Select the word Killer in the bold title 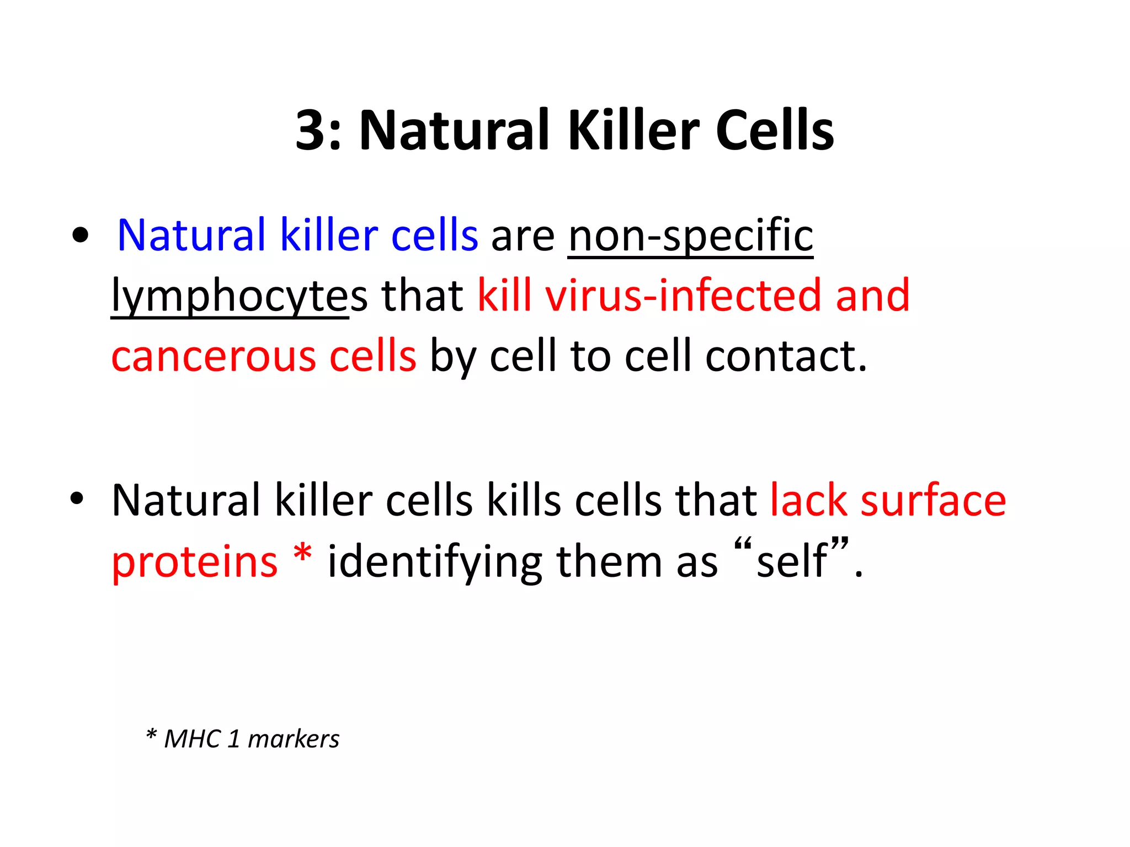(x=634, y=130)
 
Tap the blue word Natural (x=191, y=235)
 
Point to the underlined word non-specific (x=690, y=235)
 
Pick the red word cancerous (x=213, y=356)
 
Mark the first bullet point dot (x=81, y=235)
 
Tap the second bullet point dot (x=77, y=498)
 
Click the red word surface (x=933, y=500)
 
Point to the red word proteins (x=194, y=562)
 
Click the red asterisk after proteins (x=302, y=554)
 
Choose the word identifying (x=435, y=562)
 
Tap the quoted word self (x=792, y=561)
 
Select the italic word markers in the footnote (x=294, y=739)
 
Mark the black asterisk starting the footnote (x=151, y=735)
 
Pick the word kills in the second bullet (x=523, y=500)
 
